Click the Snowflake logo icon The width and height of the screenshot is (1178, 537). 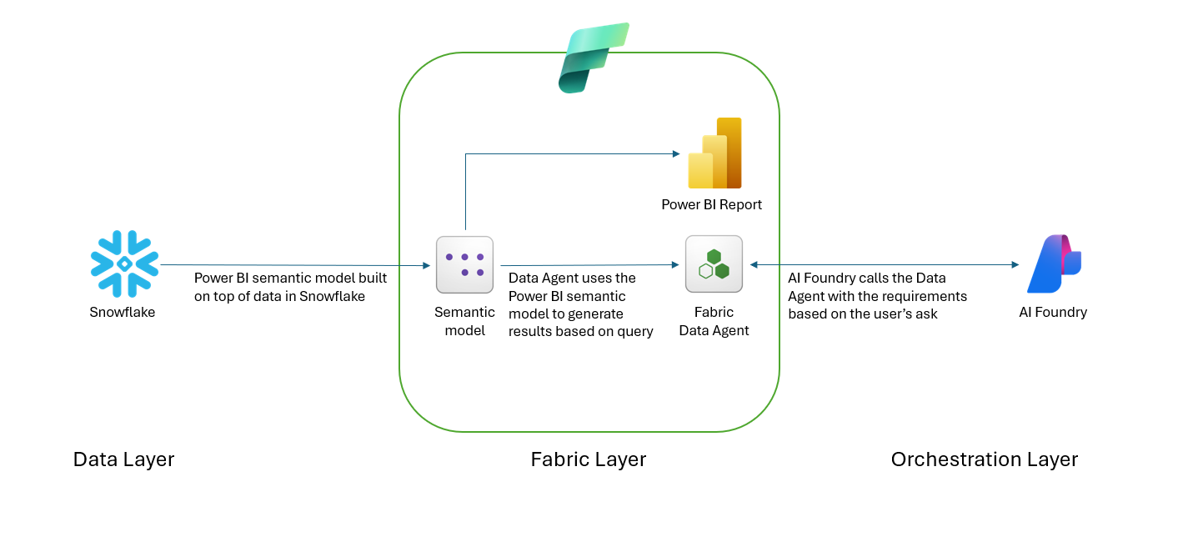tap(124, 263)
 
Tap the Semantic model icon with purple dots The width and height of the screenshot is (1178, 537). tap(464, 264)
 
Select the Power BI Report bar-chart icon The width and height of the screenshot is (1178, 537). tap(714, 153)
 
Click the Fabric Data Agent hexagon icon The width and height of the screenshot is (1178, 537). tap(714, 264)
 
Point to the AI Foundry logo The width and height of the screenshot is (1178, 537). tap(1054, 263)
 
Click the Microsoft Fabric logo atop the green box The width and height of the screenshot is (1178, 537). tap(594, 58)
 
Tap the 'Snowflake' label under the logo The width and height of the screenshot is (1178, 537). tap(122, 312)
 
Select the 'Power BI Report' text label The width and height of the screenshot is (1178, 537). tap(711, 204)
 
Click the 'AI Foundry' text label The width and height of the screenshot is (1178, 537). tap(1053, 312)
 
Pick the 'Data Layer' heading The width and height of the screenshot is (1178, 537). tap(123, 459)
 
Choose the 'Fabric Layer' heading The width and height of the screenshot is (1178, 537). tap(588, 459)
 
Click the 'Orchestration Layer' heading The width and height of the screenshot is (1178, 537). tap(984, 459)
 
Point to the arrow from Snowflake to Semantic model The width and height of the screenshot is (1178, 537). tap(295, 265)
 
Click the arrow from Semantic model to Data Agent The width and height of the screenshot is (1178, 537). tap(589, 265)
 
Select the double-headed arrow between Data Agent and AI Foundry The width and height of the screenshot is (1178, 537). tap(885, 264)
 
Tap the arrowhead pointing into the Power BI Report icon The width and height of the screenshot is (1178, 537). tap(676, 153)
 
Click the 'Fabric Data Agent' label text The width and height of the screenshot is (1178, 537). tap(714, 321)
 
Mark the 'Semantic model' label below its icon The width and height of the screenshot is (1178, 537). tap(464, 321)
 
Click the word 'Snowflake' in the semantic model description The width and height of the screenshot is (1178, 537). tap(332, 296)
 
